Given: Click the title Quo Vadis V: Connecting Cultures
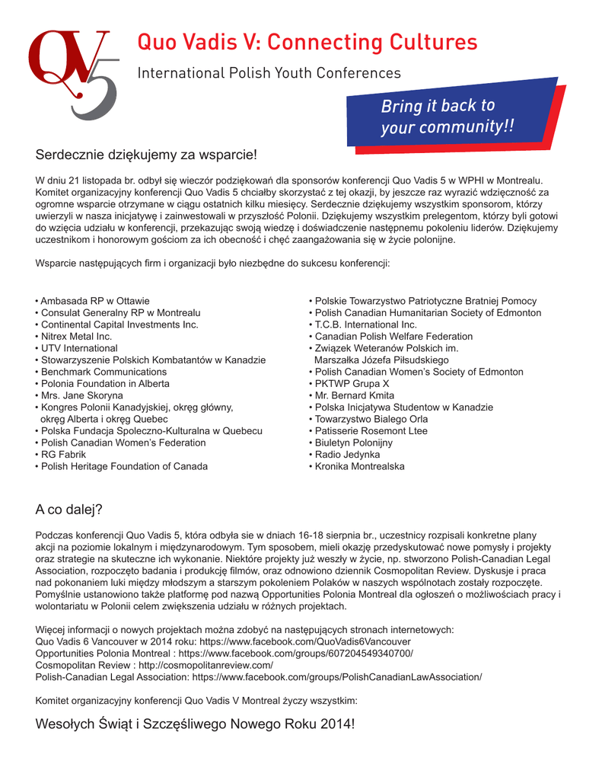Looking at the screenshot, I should [307, 42].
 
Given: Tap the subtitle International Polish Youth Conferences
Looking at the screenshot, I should [268, 73].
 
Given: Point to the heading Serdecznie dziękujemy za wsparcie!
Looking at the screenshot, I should [147, 155].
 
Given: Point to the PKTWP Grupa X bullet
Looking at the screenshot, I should [351, 384].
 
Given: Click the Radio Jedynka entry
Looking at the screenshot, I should [350, 455].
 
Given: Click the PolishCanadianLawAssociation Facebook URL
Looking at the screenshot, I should [337, 676].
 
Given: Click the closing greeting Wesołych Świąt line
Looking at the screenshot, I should [195, 724].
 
